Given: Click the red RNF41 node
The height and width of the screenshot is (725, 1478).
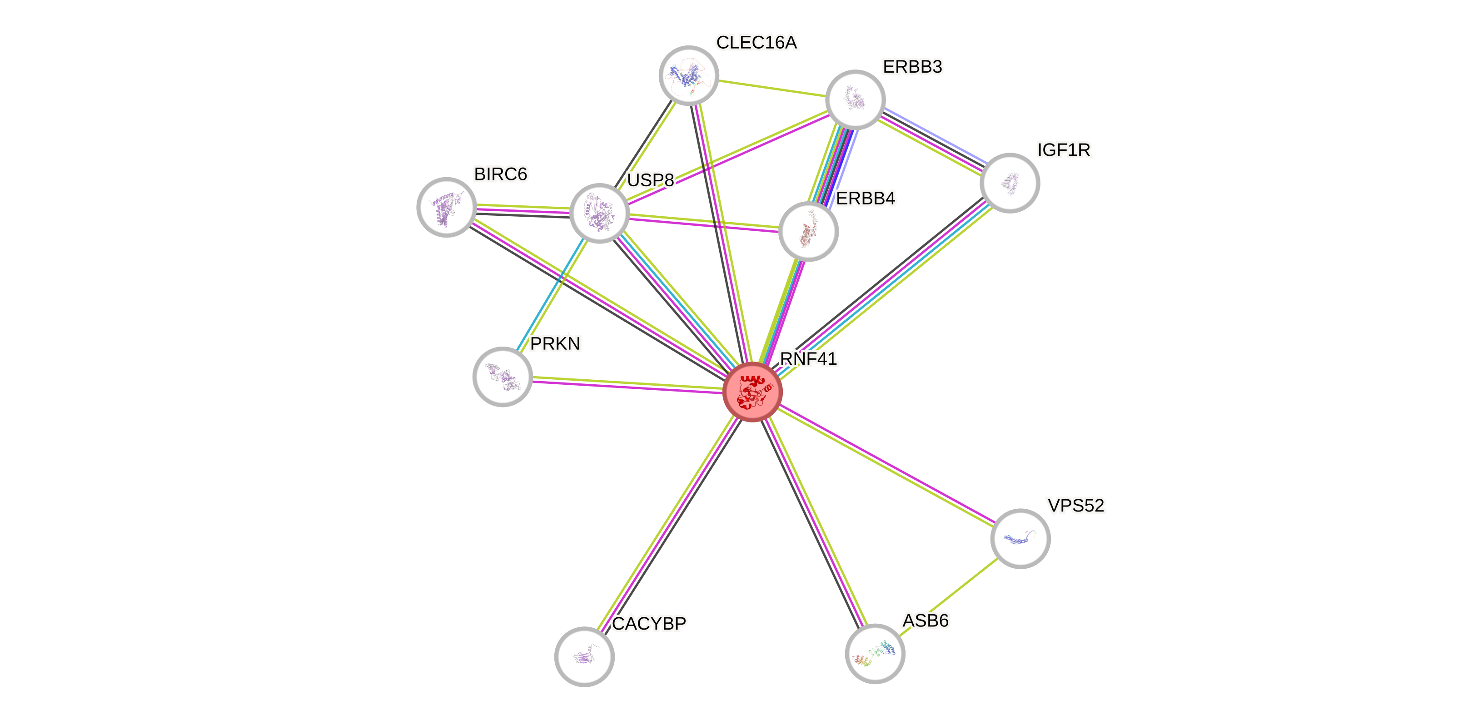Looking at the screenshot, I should click(752, 392).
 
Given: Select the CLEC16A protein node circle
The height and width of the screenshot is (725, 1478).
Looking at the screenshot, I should click(688, 75).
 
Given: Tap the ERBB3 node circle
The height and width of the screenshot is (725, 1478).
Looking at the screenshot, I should click(855, 99).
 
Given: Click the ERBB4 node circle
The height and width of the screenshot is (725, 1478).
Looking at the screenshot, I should click(808, 231).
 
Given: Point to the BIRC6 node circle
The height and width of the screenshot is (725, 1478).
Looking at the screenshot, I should click(446, 207).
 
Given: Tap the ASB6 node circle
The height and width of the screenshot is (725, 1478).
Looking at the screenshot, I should click(875, 653).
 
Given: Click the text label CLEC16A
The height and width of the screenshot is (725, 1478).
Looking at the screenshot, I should click(756, 42).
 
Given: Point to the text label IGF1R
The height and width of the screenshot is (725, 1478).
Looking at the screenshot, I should click(1064, 150).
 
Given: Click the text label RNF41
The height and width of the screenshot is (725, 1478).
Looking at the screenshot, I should click(808, 358).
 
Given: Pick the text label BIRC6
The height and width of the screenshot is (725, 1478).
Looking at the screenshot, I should click(500, 174).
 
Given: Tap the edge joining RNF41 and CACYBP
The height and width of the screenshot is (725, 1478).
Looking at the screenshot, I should click(668, 524).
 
